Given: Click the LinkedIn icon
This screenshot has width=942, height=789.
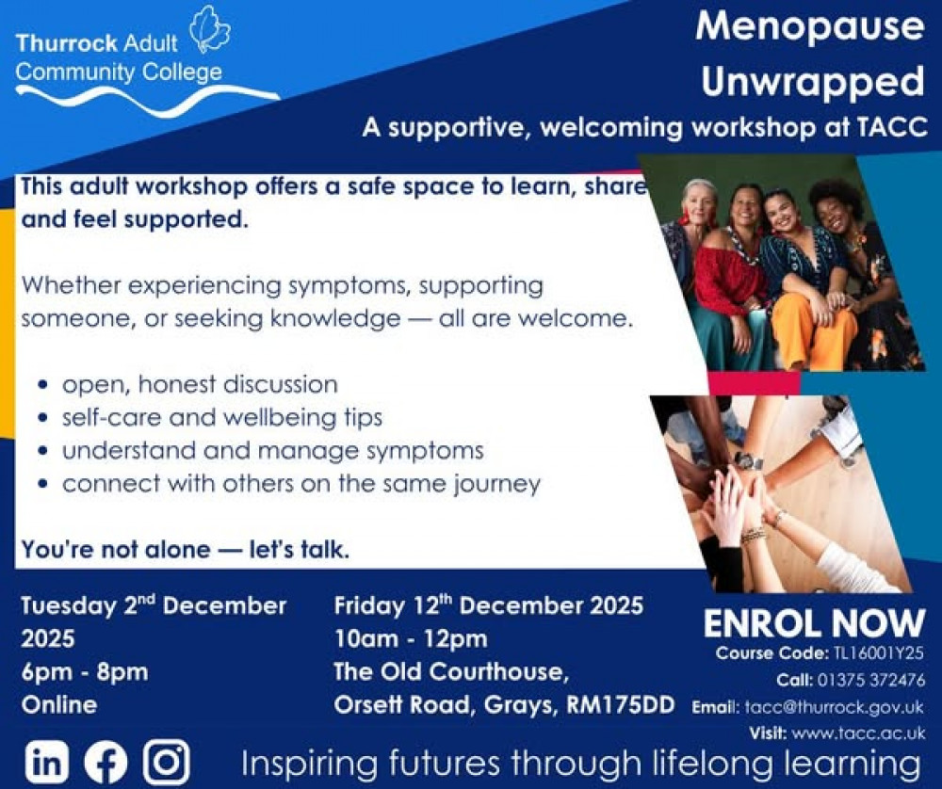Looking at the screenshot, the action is coord(47,761).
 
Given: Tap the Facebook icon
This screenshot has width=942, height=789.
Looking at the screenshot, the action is coord(106,762).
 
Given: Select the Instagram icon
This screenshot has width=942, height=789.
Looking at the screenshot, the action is coord(167,762).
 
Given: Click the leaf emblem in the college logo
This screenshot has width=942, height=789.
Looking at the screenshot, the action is coord(209,29).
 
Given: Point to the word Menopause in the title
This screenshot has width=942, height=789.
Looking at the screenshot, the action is coord(810,26).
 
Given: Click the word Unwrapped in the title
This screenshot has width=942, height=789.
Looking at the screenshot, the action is coord(812,82).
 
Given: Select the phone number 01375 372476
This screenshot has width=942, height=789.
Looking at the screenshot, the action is coord(870,680).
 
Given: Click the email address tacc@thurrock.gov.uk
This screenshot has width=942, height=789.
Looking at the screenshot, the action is coord(834,707).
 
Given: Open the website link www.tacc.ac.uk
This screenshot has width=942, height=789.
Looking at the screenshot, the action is coord(858,733).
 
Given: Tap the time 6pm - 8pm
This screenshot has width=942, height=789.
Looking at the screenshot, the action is coord(85,672).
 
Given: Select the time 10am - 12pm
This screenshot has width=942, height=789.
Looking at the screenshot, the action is coord(411,639).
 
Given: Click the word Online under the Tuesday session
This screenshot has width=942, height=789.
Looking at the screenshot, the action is coord(58,705).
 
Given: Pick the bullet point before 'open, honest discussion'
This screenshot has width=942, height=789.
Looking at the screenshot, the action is coord(42,385).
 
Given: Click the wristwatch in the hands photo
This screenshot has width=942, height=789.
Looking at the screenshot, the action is coord(749,461).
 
